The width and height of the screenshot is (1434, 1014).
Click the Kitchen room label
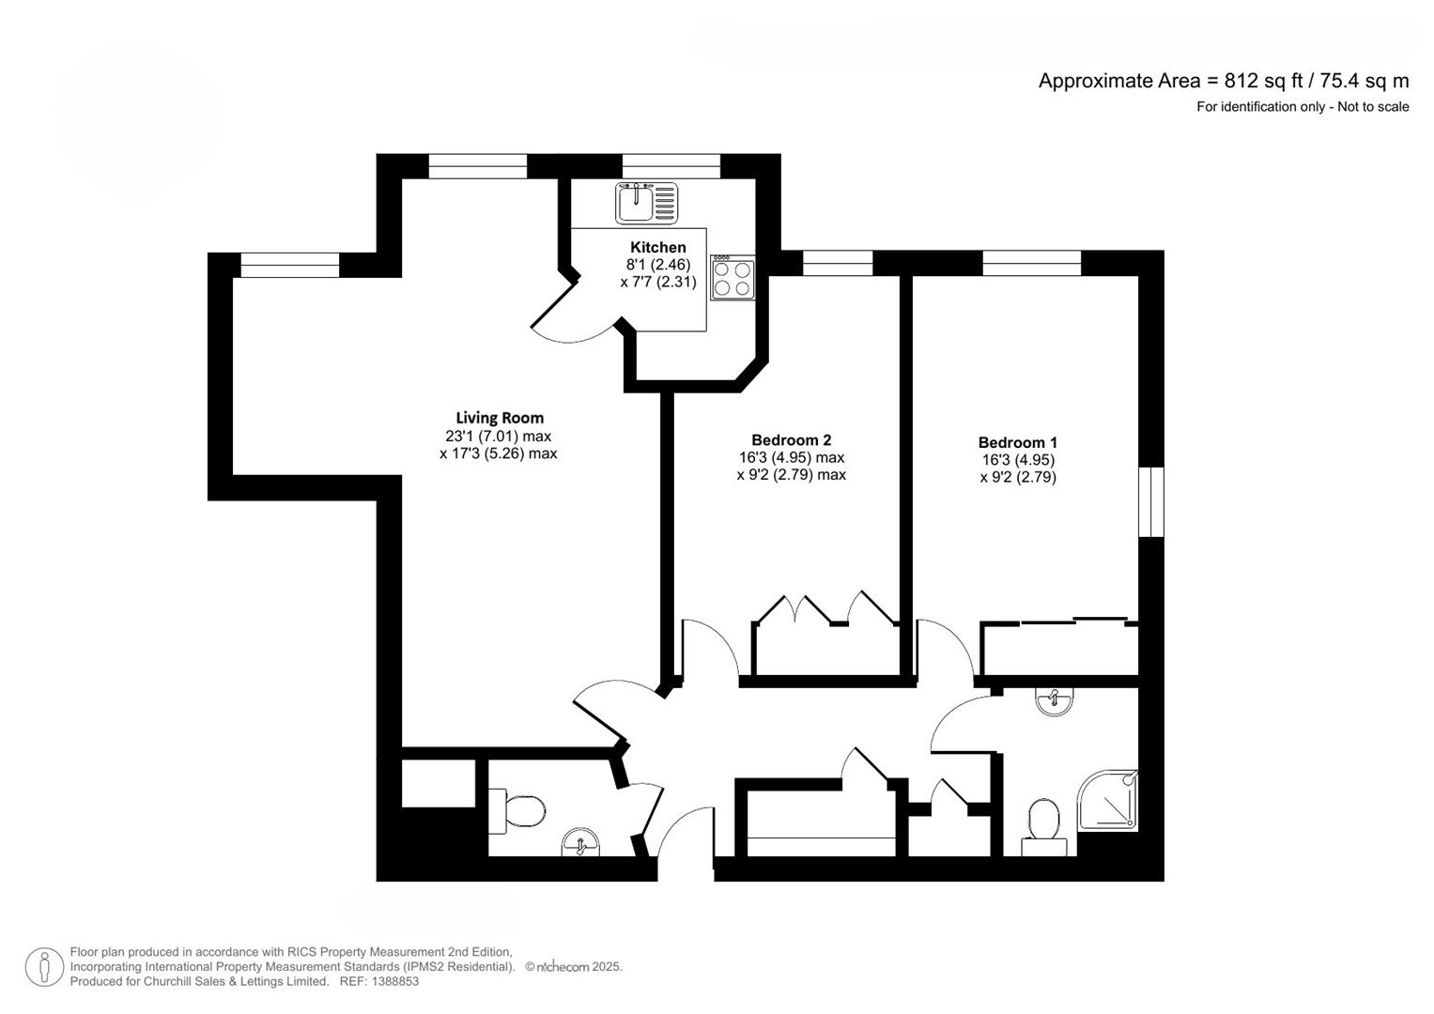(x=657, y=248)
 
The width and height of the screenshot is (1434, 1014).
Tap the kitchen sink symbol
(x=646, y=203)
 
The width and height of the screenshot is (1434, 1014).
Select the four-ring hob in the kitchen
(x=732, y=278)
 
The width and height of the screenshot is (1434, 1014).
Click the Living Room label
(x=500, y=419)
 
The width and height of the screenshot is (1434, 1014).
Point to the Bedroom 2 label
(x=791, y=440)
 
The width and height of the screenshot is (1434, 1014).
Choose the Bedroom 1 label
(x=1017, y=443)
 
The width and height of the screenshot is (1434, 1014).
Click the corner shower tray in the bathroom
(x=1108, y=800)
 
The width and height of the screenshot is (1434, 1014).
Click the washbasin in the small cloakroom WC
(x=580, y=843)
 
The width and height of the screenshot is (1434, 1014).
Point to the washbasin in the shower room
(x=1055, y=701)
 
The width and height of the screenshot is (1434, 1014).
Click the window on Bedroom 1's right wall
(x=1150, y=501)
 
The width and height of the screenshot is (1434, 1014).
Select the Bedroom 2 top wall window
(x=838, y=263)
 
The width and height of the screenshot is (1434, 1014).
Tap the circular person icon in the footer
(x=44, y=967)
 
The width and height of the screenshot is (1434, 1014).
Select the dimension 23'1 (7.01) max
(x=498, y=437)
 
